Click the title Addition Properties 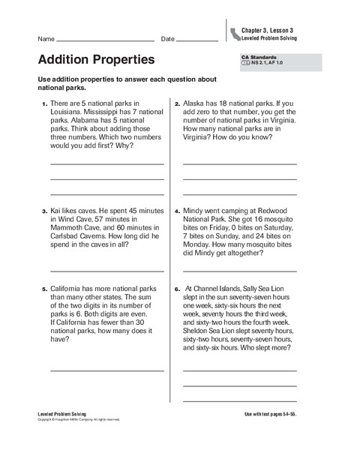click(95, 58)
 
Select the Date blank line click(197, 40)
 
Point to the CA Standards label click(259, 57)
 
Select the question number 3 click(43, 212)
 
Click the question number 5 click(43, 288)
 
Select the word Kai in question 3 click(57, 211)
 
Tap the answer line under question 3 click(107, 270)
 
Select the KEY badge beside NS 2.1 click(245, 64)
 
